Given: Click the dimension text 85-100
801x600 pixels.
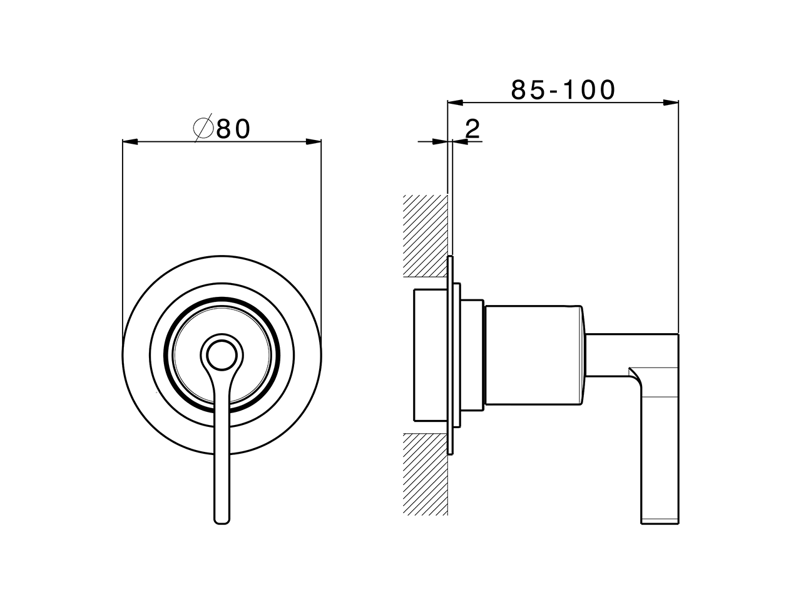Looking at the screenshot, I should click(x=563, y=90).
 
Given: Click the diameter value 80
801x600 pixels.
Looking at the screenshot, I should click(x=233, y=129).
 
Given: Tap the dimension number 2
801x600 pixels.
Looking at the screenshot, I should click(x=472, y=129).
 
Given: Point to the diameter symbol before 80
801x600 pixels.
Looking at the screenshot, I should click(x=204, y=129).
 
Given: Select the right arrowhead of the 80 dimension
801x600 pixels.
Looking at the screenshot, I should click(x=314, y=142).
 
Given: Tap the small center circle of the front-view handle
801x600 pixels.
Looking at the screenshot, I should click(x=222, y=357).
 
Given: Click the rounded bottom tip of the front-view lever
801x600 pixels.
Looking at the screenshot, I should click(x=222, y=519).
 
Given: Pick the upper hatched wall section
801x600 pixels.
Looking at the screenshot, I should click(x=426, y=236).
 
